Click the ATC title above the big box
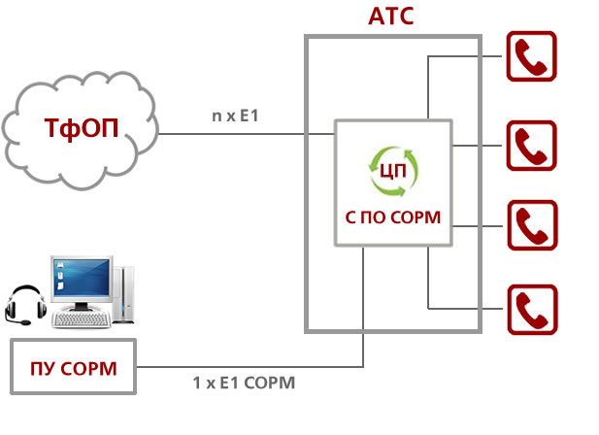coord(392,16)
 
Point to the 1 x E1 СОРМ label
coord(244,383)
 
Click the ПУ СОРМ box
coord(74,367)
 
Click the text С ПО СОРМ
coord(393,218)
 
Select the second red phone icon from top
coord(530,146)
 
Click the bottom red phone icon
coord(530,310)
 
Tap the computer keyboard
coord(80,319)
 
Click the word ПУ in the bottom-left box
coord(41,367)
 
